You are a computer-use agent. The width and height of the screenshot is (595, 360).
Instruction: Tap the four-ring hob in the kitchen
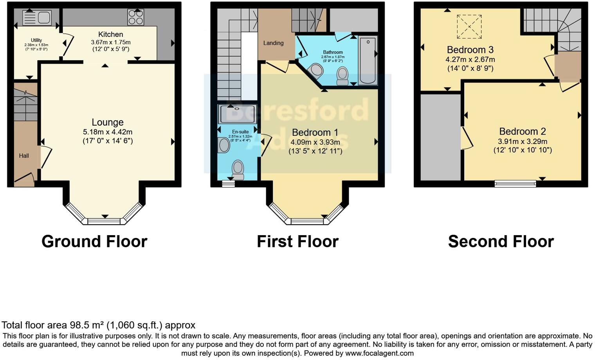click(x=135, y=17)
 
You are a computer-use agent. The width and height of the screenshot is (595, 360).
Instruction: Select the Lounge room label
click(x=108, y=122)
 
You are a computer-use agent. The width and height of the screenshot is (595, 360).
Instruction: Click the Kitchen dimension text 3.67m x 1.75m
click(x=111, y=42)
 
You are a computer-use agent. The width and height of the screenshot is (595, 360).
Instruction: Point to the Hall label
click(x=24, y=156)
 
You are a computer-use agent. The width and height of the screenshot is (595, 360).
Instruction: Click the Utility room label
click(x=36, y=40)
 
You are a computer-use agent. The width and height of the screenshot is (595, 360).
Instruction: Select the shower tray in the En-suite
click(x=238, y=114)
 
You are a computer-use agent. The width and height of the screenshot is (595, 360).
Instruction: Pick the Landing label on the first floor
click(x=273, y=43)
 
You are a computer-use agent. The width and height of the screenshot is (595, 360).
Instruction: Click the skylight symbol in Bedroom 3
click(x=469, y=27)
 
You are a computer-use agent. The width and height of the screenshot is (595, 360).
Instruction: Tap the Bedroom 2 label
click(x=522, y=131)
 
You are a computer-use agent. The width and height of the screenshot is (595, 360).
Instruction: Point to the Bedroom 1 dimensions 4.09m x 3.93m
click(x=315, y=142)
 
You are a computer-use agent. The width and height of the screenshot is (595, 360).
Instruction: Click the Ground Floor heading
click(x=94, y=241)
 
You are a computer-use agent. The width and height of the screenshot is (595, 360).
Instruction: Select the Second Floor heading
click(x=501, y=241)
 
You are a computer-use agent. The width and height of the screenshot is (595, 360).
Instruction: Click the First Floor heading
click(x=297, y=241)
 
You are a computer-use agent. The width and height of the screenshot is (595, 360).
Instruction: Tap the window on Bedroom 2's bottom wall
click(x=515, y=183)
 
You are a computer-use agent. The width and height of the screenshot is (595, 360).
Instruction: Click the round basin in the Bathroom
click(x=316, y=71)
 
